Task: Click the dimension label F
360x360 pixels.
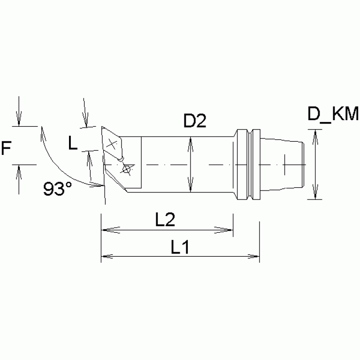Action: click(x=7, y=149)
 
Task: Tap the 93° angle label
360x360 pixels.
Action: click(x=58, y=189)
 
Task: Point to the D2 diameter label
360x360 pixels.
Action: click(x=195, y=122)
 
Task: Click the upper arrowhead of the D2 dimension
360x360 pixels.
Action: click(x=190, y=141)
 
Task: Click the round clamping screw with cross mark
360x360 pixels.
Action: click(x=126, y=168)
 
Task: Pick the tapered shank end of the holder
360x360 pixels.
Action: click(x=281, y=164)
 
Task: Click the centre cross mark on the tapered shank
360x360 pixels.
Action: click(x=285, y=165)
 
